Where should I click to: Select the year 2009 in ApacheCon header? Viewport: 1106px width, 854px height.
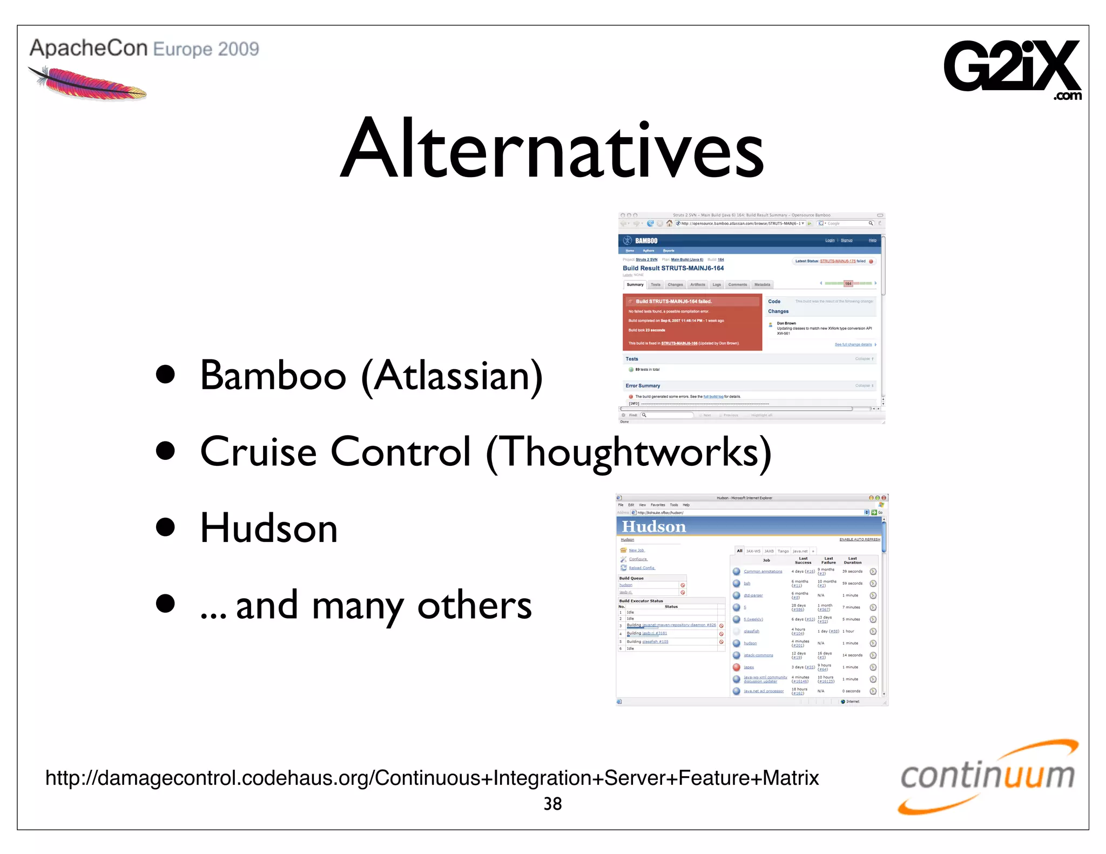(239, 49)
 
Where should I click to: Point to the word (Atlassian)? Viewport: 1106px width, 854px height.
(452, 376)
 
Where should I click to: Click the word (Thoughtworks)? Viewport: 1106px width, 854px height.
(629, 452)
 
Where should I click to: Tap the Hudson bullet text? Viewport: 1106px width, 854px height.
(268, 528)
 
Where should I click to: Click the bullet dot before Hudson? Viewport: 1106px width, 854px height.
(165, 527)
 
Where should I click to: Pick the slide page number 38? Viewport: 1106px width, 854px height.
(552, 804)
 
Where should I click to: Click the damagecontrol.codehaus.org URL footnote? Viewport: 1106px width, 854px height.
(432, 778)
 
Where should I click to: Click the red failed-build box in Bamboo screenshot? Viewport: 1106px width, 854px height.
(692, 322)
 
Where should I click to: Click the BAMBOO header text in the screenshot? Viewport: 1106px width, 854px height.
(646, 241)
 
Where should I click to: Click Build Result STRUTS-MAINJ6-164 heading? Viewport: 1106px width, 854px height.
(673, 268)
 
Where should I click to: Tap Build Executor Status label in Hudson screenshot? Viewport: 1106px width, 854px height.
(640, 601)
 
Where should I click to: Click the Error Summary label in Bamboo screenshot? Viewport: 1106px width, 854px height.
(643, 386)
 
